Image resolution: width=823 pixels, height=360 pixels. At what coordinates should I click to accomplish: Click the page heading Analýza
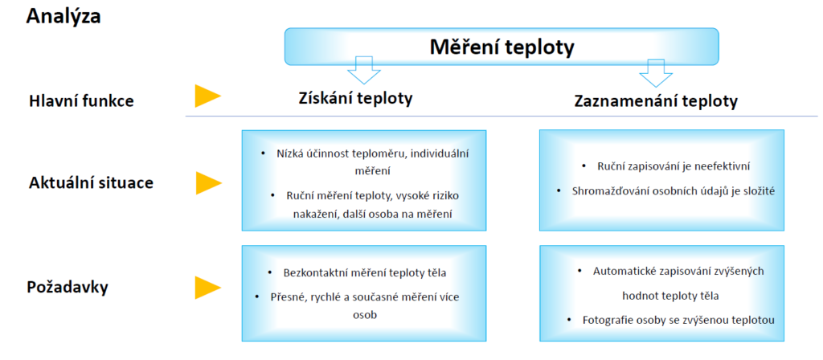tap(63, 16)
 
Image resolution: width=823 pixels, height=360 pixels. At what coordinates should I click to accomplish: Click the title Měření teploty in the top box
tap(502, 47)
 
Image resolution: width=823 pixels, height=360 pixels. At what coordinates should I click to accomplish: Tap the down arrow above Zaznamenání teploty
tap(656, 72)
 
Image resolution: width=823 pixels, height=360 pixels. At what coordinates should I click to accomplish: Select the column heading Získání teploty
tap(355, 98)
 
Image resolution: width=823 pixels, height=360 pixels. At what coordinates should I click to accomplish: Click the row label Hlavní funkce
tap(81, 100)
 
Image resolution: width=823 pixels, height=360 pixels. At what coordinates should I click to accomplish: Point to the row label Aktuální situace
tap(91, 183)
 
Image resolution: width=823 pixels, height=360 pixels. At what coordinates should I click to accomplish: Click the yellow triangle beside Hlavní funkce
tap(207, 96)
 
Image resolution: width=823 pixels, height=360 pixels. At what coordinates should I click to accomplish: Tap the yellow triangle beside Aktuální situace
tap(207, 183)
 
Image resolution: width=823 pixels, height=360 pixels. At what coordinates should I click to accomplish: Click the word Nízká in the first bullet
tap(288, 153)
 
